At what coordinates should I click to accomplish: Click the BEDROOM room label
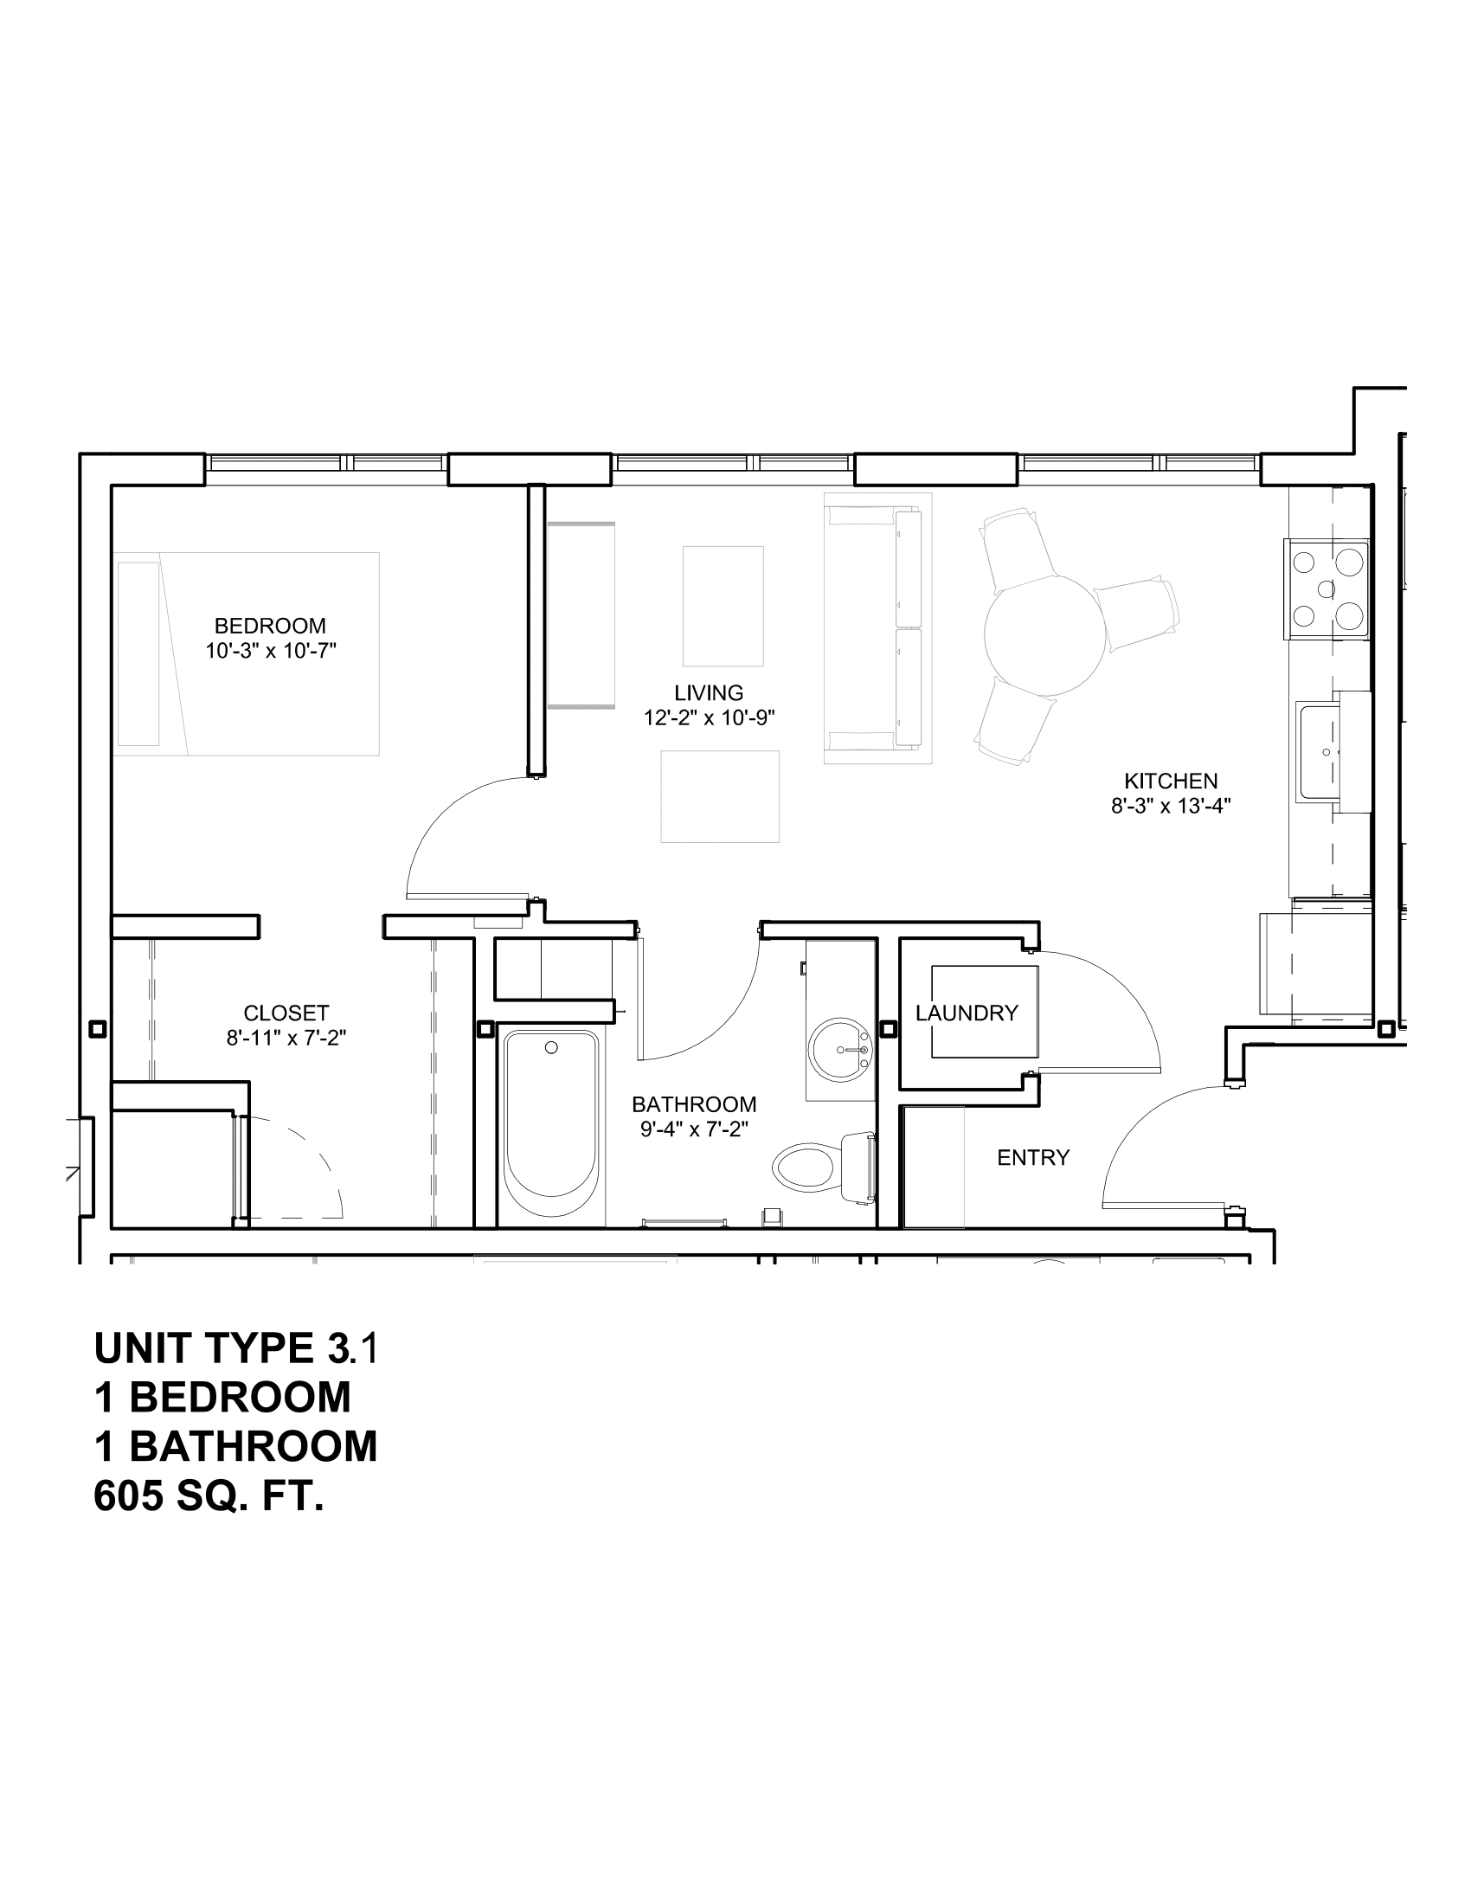(x=270, y=626)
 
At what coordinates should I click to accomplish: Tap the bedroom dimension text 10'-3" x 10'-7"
(x=270, y=651)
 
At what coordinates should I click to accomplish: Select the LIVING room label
(x=709, y=693)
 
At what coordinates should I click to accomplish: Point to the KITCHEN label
(x=1171, y=782)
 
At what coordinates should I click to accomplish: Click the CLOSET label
(x=286, y=1013)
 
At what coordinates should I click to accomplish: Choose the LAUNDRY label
(x=967, y=1013)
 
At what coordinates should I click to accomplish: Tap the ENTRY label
(x=1032, y=1158)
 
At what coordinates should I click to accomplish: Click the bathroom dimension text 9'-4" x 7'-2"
(x=694, y=1129)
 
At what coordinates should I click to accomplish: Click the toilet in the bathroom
(x=819, y=1167)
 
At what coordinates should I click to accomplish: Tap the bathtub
(x=550, y=1124)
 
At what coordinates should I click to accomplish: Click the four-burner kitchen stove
(x=1326, y=589)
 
